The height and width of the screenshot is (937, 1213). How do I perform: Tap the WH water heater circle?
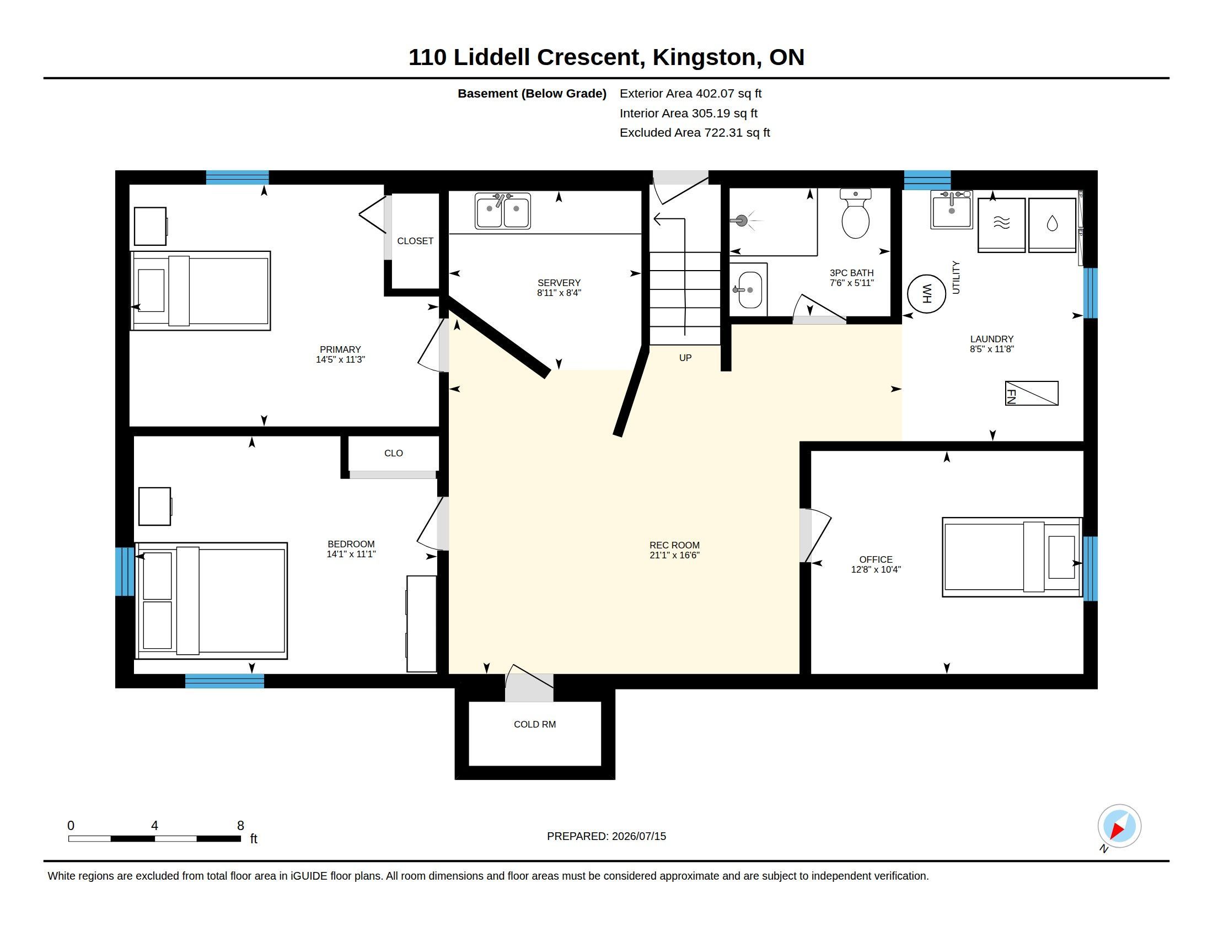coord(926,294)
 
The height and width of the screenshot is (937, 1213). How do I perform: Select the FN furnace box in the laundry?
coord(1032,394)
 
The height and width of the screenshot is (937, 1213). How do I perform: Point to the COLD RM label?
coord(535,724)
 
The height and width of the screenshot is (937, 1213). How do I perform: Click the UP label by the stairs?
coord(685,358)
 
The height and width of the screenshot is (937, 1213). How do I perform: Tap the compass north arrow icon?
coord(1119,827)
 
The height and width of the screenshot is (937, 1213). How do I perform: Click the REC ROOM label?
coord(674,545)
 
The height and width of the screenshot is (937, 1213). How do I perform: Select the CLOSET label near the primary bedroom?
coord(415,241)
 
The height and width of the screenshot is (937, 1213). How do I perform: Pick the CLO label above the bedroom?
coord(393,454)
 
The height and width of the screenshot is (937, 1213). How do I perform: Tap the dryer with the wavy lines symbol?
coord(1001,225)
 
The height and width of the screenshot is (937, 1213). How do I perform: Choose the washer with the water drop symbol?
coord(1052,225)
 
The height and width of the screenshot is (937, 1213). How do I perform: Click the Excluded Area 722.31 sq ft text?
coord(695,133)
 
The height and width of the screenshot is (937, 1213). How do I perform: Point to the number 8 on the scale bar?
coord(240,826)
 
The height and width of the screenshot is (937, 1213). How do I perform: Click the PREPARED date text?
coord(606,836)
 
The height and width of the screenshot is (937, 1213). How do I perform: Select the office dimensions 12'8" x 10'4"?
coord(876,569)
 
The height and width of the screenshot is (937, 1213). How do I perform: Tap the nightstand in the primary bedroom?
coord(151,227)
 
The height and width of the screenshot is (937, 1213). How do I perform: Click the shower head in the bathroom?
coord(742,221)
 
